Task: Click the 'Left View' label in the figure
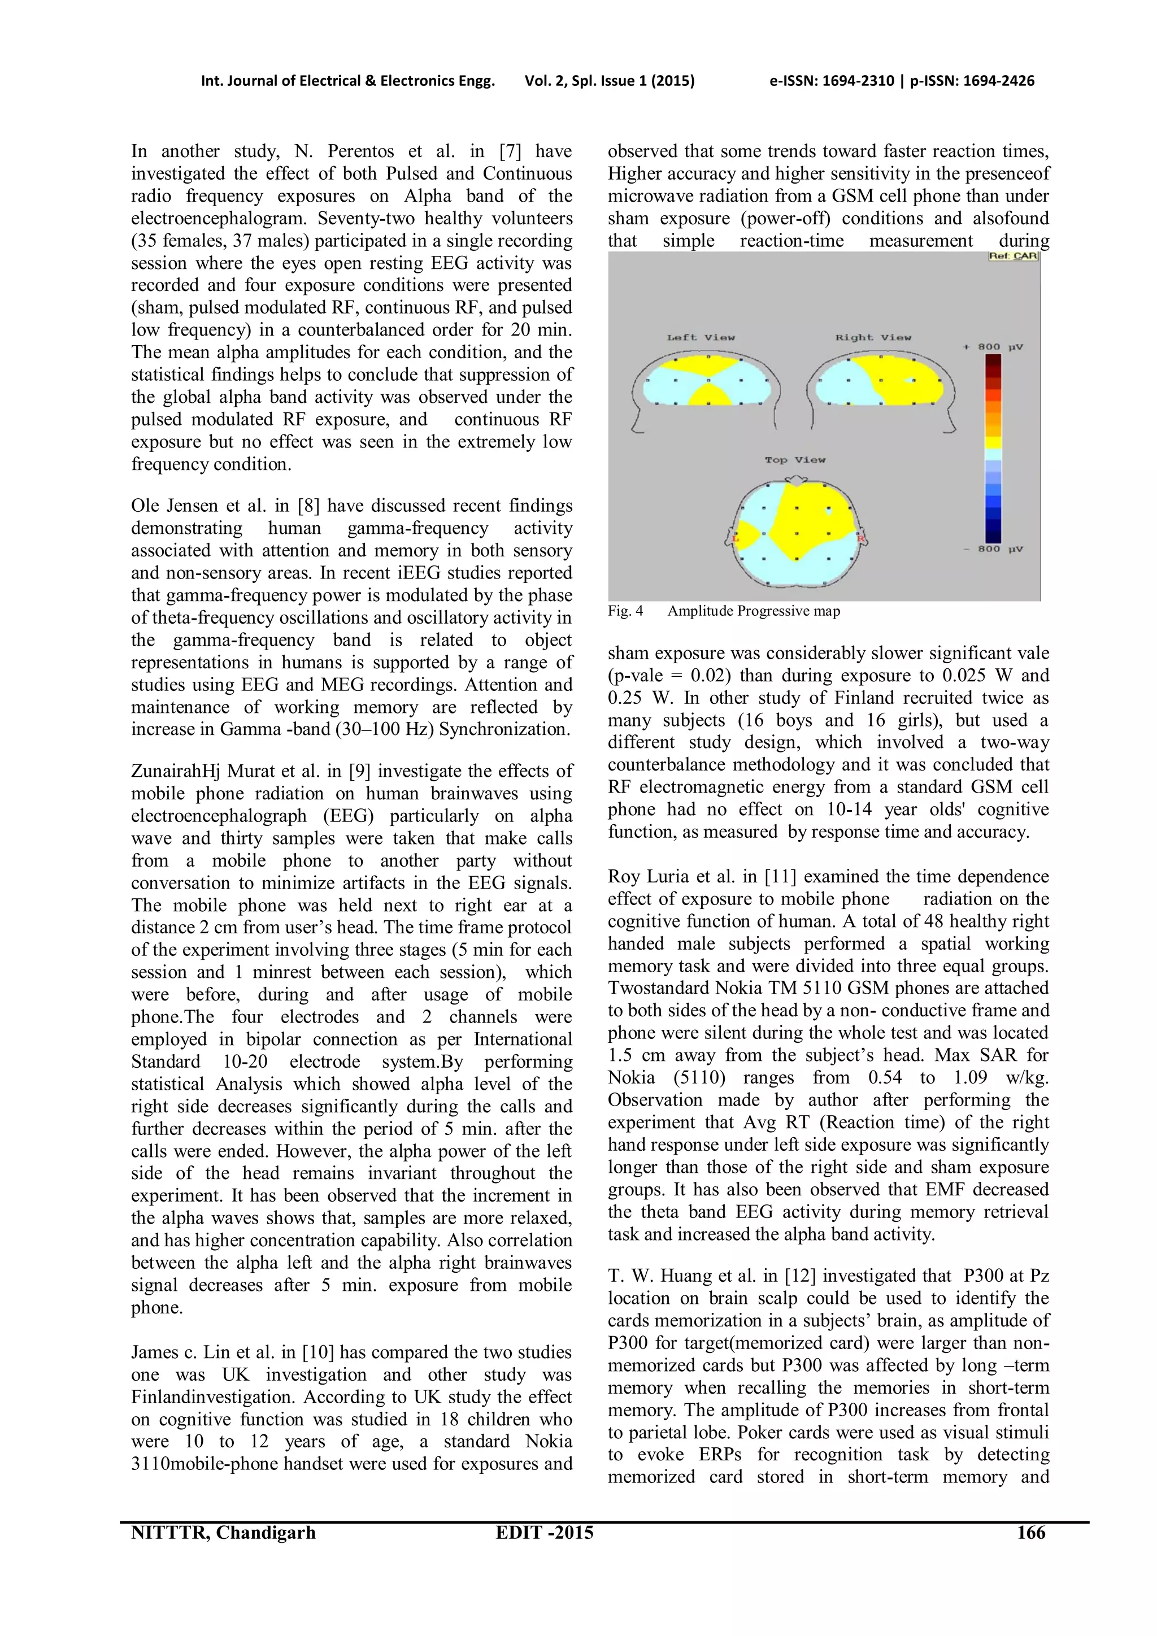pyautogui.click(x=701, y=337)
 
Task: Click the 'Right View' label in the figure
pyautogui.click(x=873, y=337)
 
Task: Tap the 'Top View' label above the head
pyautogui.click(x=794, y=460)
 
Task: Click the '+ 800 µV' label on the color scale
pyautogui.click(x=993, y=347)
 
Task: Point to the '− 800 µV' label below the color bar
pyautogui.click(x=993, y=549)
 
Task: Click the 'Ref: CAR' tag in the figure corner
pyautogui.click(x=1013, y=256)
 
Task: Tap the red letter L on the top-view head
pyautogui.click(x=736, y=539)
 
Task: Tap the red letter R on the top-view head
pyautogui.click(x=860, y=539)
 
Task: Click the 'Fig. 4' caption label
pyautogui.click(x=625, y=611)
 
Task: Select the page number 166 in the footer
pyautogui.click(x=1031, y=1533)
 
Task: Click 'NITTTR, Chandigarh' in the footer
pyautogui.click(x=223, y=1533)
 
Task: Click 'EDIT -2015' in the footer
pyautogui.click(x=544, y=1533)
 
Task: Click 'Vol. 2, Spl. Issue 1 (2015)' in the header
pyautogui.click(x=609, y=81)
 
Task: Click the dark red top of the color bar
pyautogui.click(x=993, y=363)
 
